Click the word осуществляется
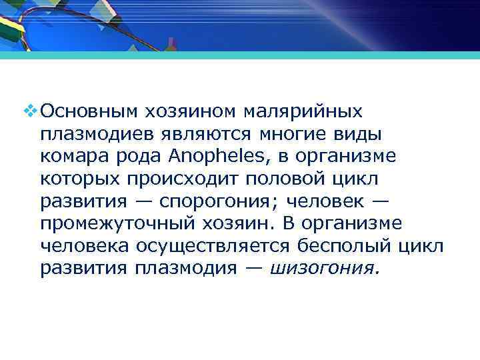(213, 246)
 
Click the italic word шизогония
(323, 269)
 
